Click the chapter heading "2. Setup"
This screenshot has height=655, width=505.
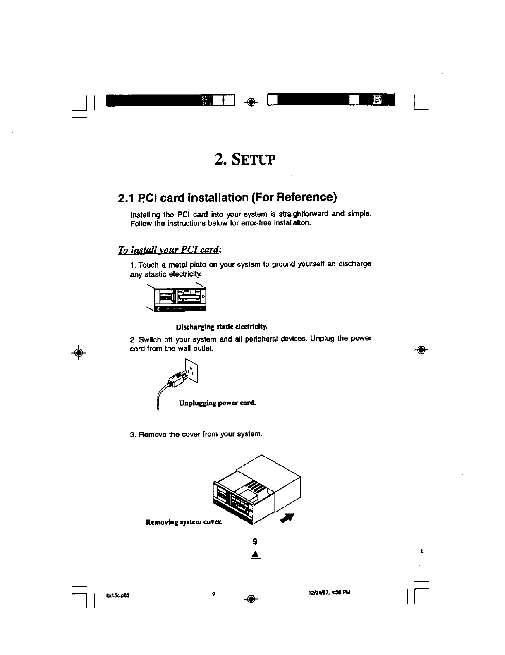(245, 158)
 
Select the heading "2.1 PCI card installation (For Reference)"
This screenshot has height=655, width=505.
(227, 198)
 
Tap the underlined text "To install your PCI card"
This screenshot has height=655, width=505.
(169, 250)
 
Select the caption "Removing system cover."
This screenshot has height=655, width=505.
(184, 522)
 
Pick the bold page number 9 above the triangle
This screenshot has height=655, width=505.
(256, 541)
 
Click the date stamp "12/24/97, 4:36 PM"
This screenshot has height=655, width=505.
(329, 592)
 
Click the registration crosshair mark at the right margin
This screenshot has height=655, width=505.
(421, 350)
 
